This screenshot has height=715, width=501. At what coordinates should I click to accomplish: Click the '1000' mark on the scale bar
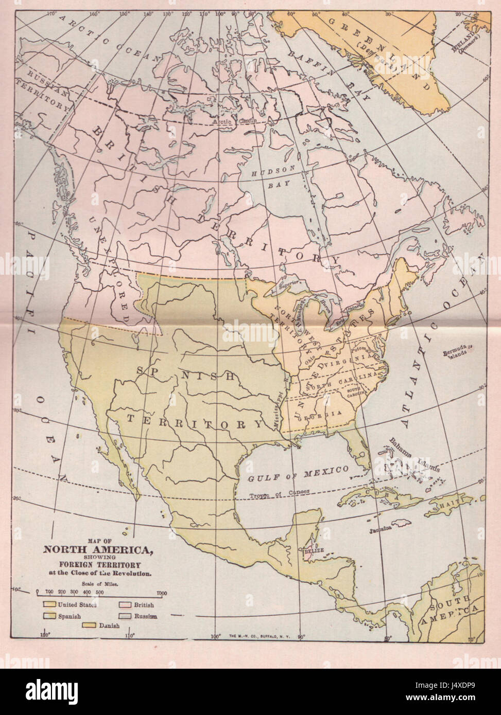coord(162,593)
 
